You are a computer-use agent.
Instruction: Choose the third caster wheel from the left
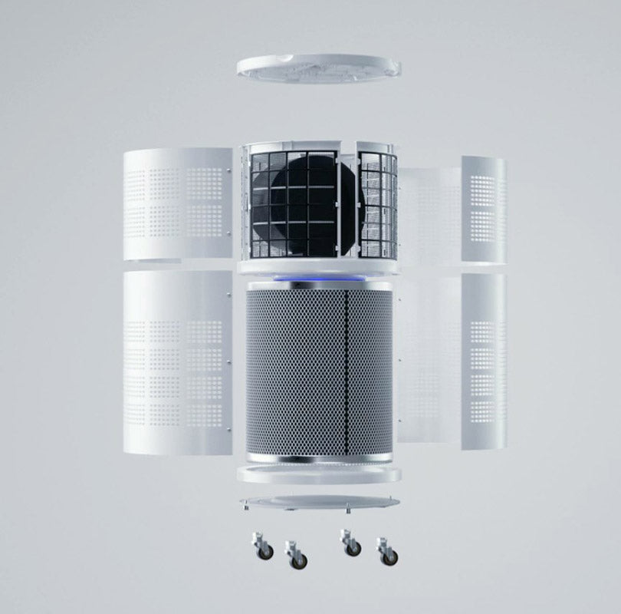coord(351,546)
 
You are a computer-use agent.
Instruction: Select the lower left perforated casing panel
coord(176,357)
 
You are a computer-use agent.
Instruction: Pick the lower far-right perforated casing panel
coord(484,357)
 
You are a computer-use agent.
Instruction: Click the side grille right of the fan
coord(378,203)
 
